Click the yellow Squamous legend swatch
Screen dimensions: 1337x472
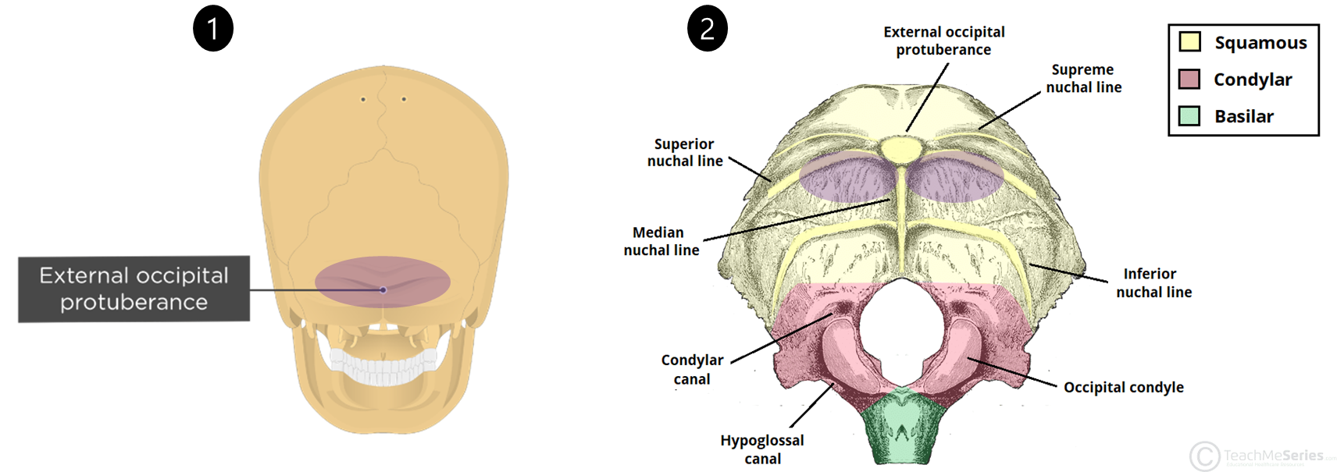[1189, 41]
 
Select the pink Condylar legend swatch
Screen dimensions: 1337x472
[1189, 79]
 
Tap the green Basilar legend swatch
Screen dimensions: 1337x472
[1189, 116]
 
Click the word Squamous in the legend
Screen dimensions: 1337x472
[1260, 43]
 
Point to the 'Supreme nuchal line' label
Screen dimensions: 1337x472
[1083, 78]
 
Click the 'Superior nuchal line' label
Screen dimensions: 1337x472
[684, 152]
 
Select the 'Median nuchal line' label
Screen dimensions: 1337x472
[661, 241]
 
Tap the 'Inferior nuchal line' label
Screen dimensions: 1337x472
[1153, 282]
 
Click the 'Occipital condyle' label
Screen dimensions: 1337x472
[1123, 387]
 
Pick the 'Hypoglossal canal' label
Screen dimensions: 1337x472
[761, 449]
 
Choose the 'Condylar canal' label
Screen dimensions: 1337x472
[692, 369]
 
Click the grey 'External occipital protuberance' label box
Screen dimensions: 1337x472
[134, 289]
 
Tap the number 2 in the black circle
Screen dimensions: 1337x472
[707, 30]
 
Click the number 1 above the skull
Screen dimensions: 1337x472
[212, 30]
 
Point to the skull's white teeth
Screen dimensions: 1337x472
[383, 366]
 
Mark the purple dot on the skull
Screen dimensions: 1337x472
[383, 290]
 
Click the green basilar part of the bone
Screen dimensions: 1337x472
[902, 429]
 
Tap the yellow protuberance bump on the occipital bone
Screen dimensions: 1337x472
[900, 149]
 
